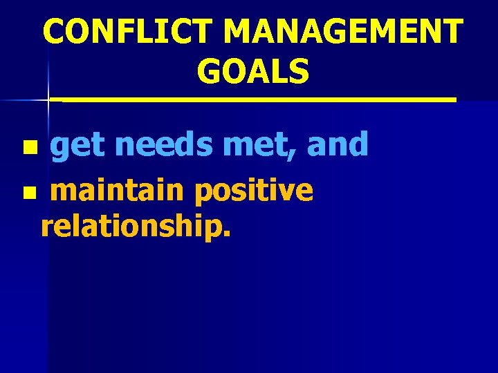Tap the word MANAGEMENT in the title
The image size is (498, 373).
click(342, 32)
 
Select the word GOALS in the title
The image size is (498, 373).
click(252, 71)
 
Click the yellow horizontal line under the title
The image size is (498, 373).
click(256, 100)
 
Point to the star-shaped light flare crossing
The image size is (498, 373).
click(48, 100)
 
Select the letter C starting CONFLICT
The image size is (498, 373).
click(55, 32)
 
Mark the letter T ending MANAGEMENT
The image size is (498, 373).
click(452, 32)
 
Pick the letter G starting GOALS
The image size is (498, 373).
click(209, 71)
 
